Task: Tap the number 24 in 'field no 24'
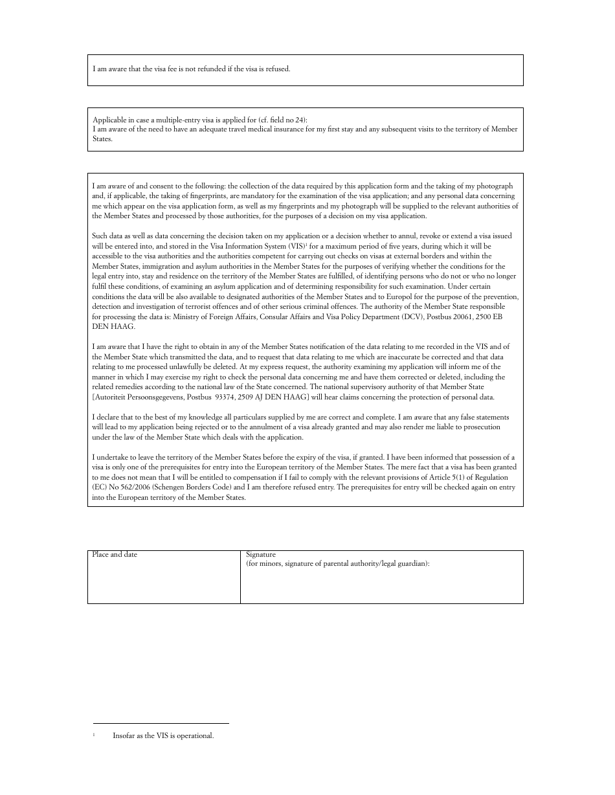(x=297, y=120)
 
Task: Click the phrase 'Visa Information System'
(x=245, y=247)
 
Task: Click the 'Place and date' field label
(x=115, y=555)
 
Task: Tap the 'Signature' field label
(x=261, y=555)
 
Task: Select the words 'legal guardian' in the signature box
(x=405, y=564)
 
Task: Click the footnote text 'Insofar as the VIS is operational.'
(x=163, y=736)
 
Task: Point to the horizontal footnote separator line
(x=161, y=724)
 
